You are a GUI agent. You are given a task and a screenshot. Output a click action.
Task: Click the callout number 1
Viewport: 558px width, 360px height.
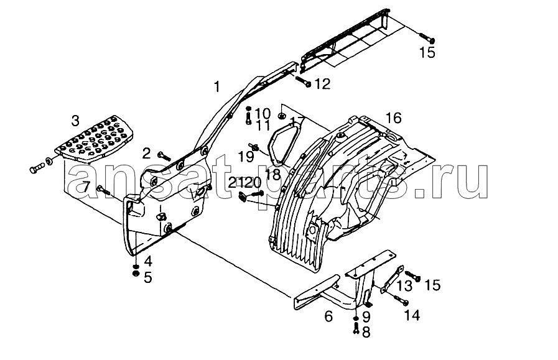tap(216, 86)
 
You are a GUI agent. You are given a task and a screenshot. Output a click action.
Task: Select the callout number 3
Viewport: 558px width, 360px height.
tap(75, 121)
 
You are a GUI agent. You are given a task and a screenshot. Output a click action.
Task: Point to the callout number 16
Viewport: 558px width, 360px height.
tap(394, 118)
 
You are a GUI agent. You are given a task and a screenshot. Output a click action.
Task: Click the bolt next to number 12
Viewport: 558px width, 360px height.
tap(303, 81)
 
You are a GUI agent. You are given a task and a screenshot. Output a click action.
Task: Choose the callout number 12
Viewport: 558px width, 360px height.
tap(323, 84)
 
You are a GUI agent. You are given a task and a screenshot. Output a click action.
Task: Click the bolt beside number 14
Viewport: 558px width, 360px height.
tap(401, 300)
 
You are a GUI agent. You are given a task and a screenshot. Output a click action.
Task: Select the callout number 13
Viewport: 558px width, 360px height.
tap(404, 285)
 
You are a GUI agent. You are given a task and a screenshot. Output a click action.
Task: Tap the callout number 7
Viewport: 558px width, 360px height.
tap(86, 187)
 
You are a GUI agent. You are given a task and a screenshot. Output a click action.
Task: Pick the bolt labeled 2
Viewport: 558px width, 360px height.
tap(164, 155)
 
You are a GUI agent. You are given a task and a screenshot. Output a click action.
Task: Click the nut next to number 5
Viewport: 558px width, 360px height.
tap(136, 274)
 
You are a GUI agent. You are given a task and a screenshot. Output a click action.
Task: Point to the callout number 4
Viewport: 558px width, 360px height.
tap(148, 262)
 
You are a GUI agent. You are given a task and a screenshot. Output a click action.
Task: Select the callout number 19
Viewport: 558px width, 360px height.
tap(246, 156)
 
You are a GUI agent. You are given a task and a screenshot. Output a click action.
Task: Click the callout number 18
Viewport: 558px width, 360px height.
tap(272, 174)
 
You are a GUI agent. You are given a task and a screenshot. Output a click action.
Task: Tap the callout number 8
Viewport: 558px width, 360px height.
tap(366, 332)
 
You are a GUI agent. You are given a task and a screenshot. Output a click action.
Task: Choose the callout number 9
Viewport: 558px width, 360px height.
tap(366, 316)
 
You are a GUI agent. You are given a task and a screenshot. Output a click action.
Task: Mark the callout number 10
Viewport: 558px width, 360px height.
tap(263, 114)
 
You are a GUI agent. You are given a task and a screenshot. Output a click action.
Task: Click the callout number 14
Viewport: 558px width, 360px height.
tap(412, 315)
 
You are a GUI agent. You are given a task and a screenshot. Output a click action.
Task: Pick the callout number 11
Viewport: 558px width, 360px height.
tap(263, 126)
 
